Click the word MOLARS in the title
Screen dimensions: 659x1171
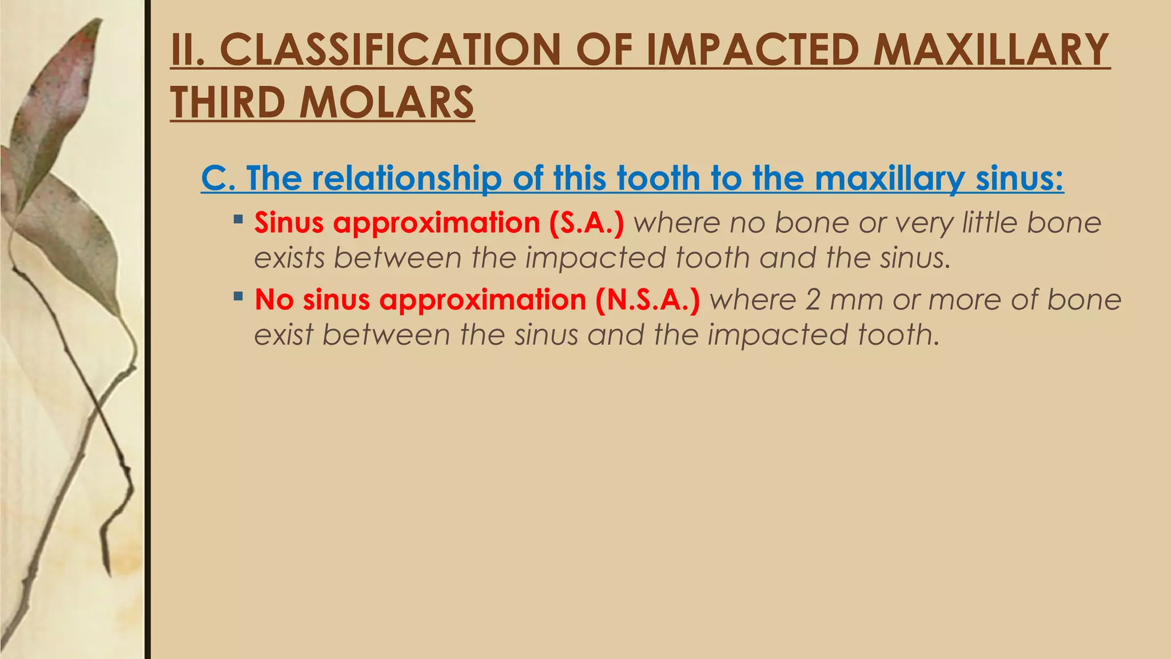pyautogui.click(x=387, y=103)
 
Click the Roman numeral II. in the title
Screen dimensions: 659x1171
pyautogui.click(x=189, y=50)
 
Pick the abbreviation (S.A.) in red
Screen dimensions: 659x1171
pyautogui.click(x=586, y=223)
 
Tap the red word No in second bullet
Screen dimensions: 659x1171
pyautogui.click(x=274, y=299)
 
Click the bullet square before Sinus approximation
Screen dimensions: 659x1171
pyautogui.click(x=238, y=219)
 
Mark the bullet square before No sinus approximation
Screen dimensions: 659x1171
pyautogui.click(x=238, y=296)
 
